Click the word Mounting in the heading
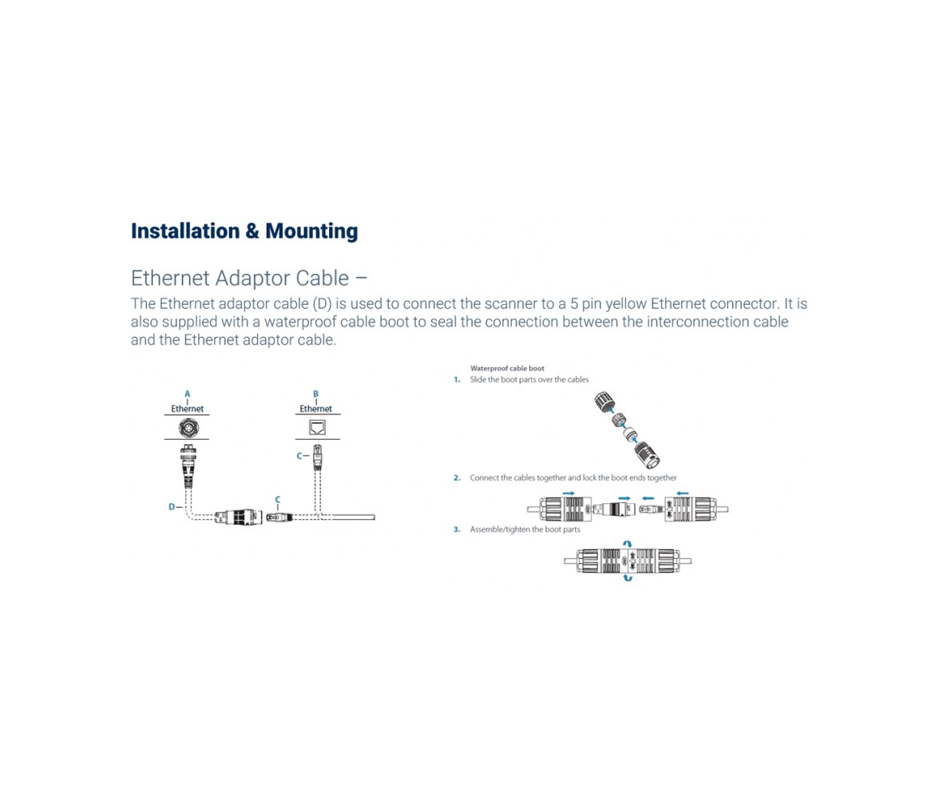pos(311,232)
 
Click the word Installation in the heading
pos(185,231)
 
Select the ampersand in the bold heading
pos(252,231)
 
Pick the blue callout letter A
pos(188,394)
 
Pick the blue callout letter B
pos(315,394)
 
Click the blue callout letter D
pos(171,507)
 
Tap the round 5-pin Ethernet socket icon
pos(188,428)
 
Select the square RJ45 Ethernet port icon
pos(317,427)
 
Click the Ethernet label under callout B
pos(315,409)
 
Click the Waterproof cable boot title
pos(507,368)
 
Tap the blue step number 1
pos(457,380)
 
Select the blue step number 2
pos(457,478)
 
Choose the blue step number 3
pos(457,529)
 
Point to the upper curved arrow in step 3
pos(627,544)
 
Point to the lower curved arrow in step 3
pos(628,578)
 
